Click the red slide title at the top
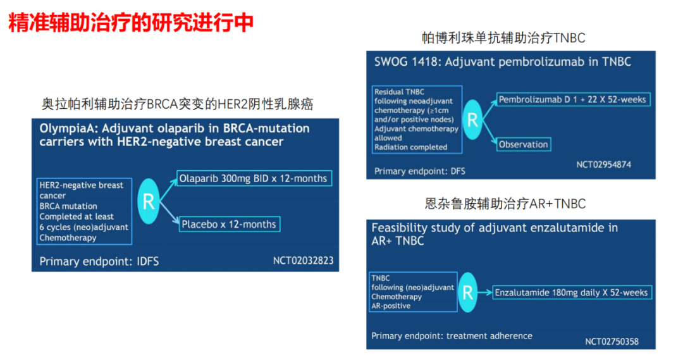(131, 23)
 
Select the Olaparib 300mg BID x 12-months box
(254, 178)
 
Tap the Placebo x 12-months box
(229, 224)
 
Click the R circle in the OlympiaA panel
(149, 201)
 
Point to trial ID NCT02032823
(303, 261)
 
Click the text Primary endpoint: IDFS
(99, 261)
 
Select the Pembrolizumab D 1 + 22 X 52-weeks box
(573, 99)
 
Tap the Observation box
(524, 144)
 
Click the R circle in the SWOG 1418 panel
(472, 120)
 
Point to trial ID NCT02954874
(604, 164)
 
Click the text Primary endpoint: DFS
(419, 171)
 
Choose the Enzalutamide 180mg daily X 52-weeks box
(572, 292)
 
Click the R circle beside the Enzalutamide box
(468, 292)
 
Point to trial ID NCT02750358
(612, 341)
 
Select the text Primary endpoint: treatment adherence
(452, 335)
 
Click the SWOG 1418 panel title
(503, 62)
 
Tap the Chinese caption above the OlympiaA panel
(177, 104)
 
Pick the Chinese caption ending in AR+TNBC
(505, 204)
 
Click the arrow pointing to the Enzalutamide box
(485, 292)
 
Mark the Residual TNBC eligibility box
(417, 120)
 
